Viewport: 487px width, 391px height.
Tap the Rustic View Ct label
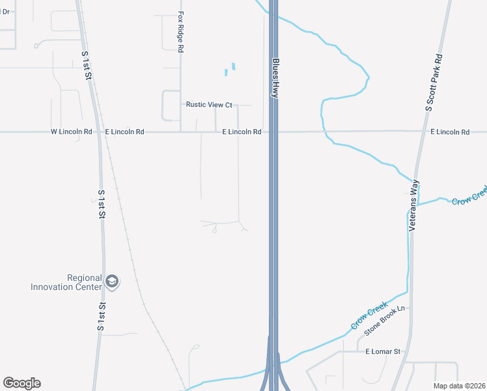pyautogui.click(x=209, y=104)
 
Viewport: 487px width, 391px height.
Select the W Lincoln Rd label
pyautogui.click(x=71, y=132)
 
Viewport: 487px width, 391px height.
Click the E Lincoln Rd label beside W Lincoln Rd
pyautogui.click(x=124, y=132)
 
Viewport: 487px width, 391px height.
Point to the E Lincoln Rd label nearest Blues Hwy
pyautogui.click(x=242, y=132)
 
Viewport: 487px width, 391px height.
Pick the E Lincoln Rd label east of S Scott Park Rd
pyautogui.click(x=450, y=132)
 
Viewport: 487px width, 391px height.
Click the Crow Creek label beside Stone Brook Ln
pyautogui.click(x=369, y=316)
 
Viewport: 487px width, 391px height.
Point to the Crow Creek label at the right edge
pyautogui.click(x=469, y=196)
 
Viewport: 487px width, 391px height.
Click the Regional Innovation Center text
pyautogui.click(x=66, y=282)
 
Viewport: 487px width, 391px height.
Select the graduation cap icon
pyautogui.click(x=112, y=282)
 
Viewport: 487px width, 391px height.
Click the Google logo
pyautogui.click(x=21, y=383)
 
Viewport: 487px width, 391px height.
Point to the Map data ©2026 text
pyautogui.click(x=460, y=386)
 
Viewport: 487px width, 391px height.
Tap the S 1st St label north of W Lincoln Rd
pyautogui.click(x=87, y=66)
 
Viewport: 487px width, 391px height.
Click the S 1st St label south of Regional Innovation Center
pyautogui.click(x=102, y=316)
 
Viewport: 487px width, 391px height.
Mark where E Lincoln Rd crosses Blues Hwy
pyautogui.click(x=275, y=132)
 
